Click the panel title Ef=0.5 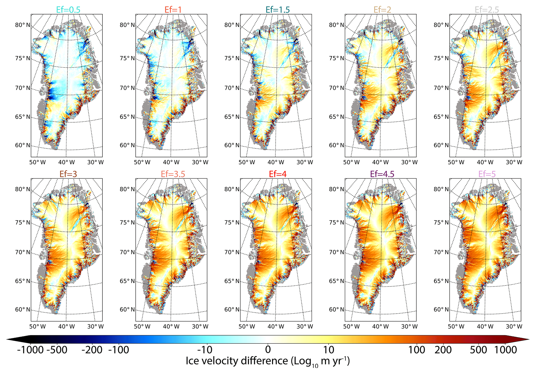point(68,10)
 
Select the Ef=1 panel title point(173,10)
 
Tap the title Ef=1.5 point(277,10)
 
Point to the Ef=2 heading point(382,10)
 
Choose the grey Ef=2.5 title point(487,10)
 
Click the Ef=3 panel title point(68,174)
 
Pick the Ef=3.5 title point(173,174)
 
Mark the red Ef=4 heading point(277,174)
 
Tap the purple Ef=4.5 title point(382,174)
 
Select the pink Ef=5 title point(487,174)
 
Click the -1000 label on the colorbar point(30,350)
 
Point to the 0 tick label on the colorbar point(268,350)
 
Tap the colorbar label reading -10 point(205,350)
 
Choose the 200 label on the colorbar point(443,350)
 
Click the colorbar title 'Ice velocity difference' point(237,361)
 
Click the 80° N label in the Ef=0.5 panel point(23,25)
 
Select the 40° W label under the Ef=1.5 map point(276,162)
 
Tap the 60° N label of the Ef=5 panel point(441,310)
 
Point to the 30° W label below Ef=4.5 point(409,327)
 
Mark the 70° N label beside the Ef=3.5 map point(127,252)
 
